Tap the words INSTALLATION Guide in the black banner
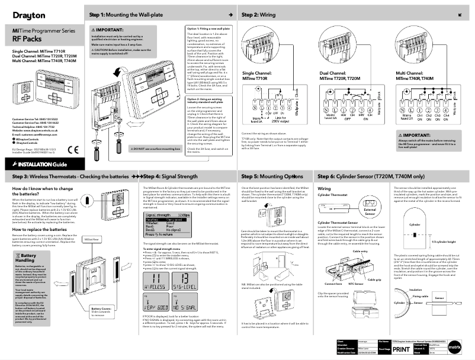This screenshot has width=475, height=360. click(x=35, y=164)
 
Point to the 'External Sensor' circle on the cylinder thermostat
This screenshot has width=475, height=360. click(x=371, y=210)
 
